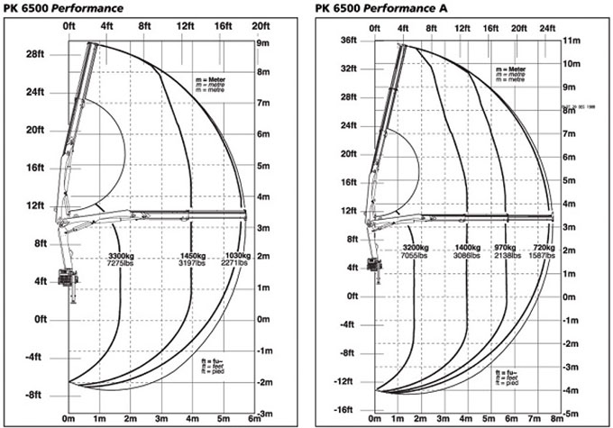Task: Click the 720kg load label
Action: [x=544, y=246]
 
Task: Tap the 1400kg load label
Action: [x=468, y=246]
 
